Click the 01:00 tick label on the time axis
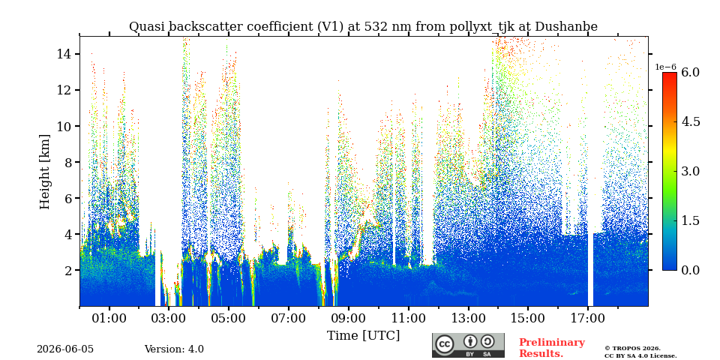tap(109, 318)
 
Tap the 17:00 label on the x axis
tap(588, 318)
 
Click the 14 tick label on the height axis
tap(63, 54)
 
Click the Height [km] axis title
tap(44, 172)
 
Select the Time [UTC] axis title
tap(363, 336)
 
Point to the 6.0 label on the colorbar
tap(690, 72)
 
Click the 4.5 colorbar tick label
tap(690, 121)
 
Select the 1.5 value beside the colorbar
tap(690, 220)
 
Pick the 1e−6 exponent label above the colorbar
tap(665, 67)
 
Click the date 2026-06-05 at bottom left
tap(65, 349)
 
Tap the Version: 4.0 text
tap(174, 349)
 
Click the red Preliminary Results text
tap(552, 348)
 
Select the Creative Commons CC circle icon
tap(444, 344)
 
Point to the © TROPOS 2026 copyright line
tap(633, 349)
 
